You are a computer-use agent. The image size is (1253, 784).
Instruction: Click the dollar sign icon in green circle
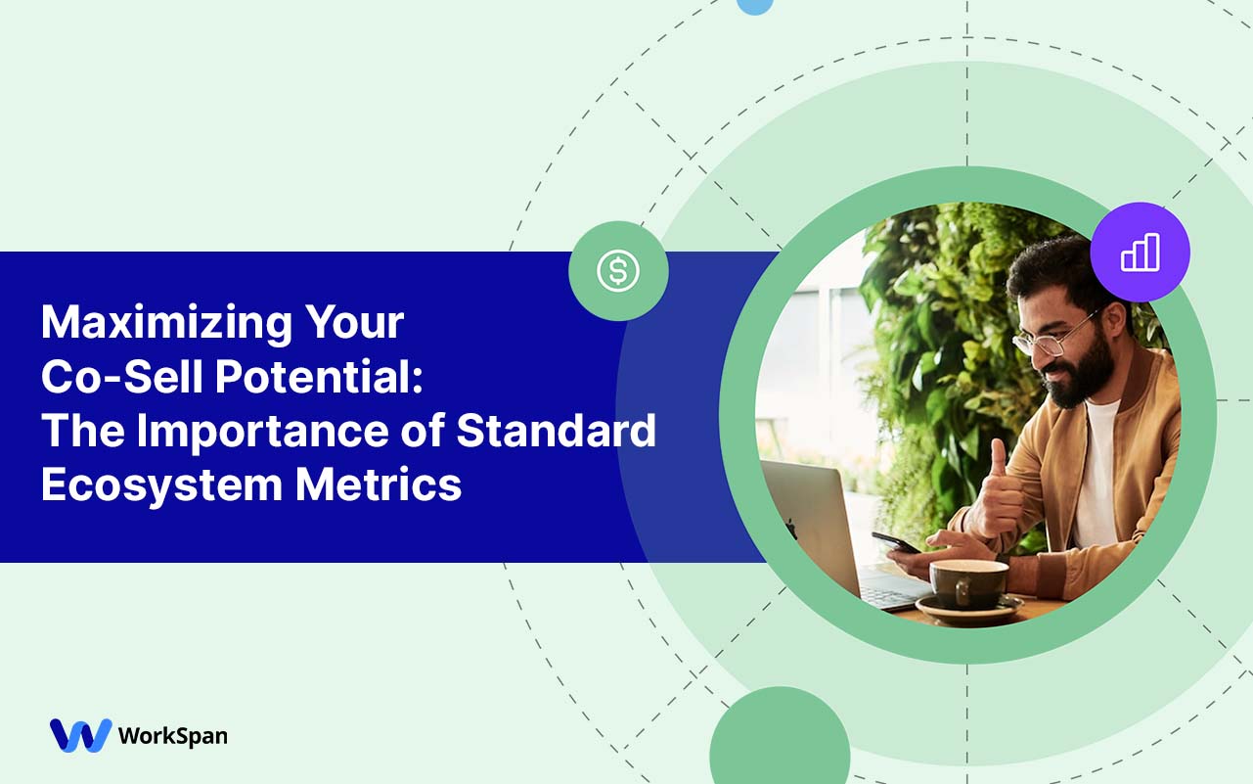coord(618,271)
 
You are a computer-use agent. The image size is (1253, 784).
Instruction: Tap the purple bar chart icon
coord(1140,253)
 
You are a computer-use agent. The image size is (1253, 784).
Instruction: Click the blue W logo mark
coord(80,735)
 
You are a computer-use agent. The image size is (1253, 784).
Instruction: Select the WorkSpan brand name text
coord(172,736)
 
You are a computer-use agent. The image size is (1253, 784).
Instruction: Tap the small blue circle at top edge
coord(754,5)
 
